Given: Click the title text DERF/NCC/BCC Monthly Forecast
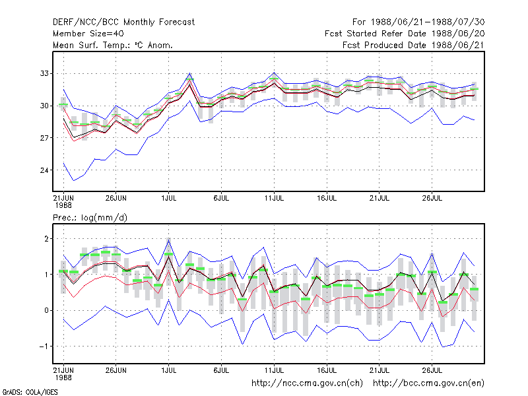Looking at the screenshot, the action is coord(123,22).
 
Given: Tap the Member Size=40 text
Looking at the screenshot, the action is coord(88,34).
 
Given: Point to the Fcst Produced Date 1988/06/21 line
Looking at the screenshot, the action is coord(414,45).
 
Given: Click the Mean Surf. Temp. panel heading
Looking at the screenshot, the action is coord(113,45).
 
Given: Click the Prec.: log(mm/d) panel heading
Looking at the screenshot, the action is coord(90,218).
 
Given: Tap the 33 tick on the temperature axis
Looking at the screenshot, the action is coord(44,73).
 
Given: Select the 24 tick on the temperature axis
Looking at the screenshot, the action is coord(44,170).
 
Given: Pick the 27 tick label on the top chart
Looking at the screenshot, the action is coord(44,138).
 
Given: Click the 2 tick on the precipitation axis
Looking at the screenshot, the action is coord(47,239).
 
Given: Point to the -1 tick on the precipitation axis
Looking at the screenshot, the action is coord(44,346).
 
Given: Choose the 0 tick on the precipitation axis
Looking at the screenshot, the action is coord(47,310).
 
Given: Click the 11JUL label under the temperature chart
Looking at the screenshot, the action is coord(274,199).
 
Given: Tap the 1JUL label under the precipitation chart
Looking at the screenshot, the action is coord(169,371).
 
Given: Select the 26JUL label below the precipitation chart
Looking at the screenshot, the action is coord(432,371).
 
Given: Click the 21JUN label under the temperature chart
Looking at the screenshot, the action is coord(63,199).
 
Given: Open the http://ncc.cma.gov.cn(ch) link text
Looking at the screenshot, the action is coord(307,383).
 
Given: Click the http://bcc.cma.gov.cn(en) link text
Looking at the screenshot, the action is coord(428,383).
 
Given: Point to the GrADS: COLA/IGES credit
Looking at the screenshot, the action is coord(30,392).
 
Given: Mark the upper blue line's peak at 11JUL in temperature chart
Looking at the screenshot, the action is coord(274,73).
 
